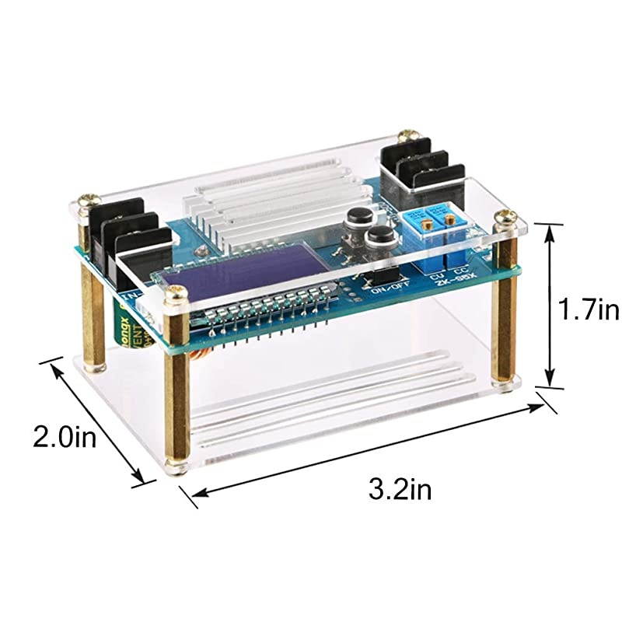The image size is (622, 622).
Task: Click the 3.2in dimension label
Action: [x=400, y=490]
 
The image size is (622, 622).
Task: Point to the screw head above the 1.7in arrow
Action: [x=506, y=217]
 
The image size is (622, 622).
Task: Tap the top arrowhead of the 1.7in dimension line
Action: [x=551, y=226]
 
